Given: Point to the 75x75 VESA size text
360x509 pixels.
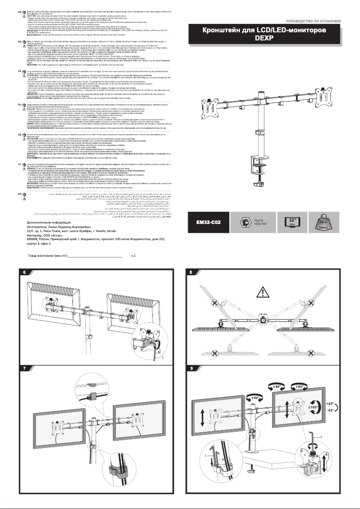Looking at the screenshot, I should click(260, 219).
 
